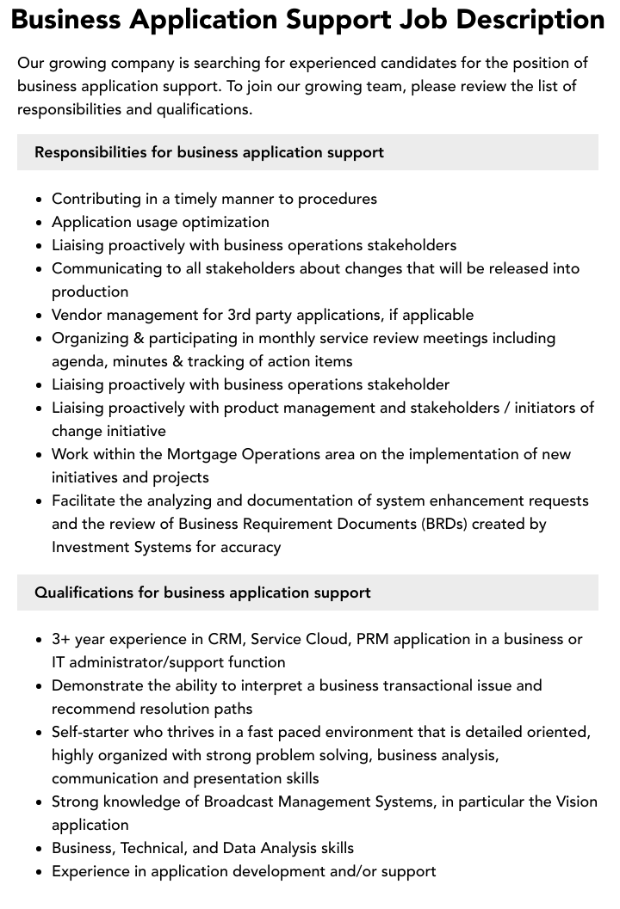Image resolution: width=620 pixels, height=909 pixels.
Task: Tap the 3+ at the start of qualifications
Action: [x=61, y=639]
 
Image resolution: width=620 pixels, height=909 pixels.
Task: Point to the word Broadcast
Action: [x=244, y=802]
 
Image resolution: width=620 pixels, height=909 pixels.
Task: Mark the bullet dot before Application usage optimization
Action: [x=40, y=223]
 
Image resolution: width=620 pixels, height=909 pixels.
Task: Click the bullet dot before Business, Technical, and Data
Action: [x=40, y=849]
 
